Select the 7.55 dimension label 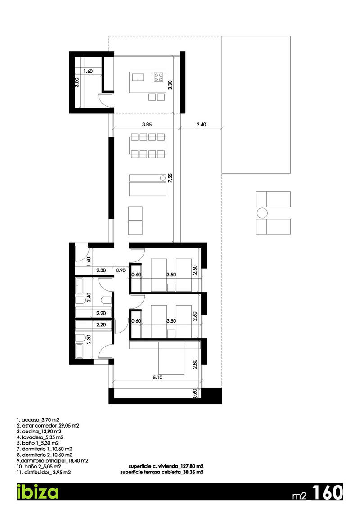[x=170, y=176]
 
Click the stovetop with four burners [x=158, y=77]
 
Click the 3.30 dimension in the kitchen [x=170, y=86]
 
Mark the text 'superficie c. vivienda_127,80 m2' [x=165, y=467]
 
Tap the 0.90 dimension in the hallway [x=120, y=271]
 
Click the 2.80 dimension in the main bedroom [x=194, y=364]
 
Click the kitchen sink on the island [x=138, y=77]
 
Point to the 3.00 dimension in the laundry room [x=77, y=83]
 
